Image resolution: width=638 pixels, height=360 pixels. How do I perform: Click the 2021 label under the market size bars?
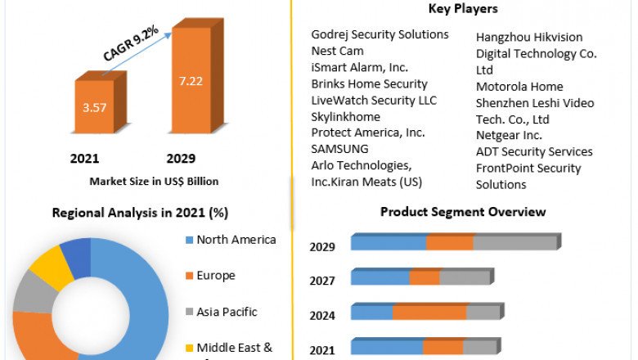[x=84, y=158]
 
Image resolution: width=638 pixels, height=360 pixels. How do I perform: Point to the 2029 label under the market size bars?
[x=181, y=158]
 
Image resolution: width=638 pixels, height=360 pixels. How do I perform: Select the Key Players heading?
[x=463, y=9]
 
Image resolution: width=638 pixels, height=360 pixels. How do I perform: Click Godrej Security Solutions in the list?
[x=380, y=34]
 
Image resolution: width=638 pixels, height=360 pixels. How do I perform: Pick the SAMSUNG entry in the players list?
[x=339, y=149]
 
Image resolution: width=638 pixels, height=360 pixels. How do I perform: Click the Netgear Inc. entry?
[x=509, y=135]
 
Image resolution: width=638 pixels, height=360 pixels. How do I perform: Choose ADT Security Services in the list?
[x=534, y=151]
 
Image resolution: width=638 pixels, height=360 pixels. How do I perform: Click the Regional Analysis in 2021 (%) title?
[x=140, y=213]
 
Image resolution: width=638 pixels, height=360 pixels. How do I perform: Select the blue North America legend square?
[x=190, y=241]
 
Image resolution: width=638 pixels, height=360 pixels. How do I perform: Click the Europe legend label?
[x=216, y=276]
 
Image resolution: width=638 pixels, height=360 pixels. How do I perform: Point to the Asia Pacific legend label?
[x=227, y=312]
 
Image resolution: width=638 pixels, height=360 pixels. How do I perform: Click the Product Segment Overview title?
[x=463, y=212]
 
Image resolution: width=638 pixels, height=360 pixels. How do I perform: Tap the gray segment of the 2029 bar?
[x=514, y=243]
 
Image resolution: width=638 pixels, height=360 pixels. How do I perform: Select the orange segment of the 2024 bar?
[x=429, y=313]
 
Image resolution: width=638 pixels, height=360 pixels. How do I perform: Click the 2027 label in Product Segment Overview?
[x=321, y=281]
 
